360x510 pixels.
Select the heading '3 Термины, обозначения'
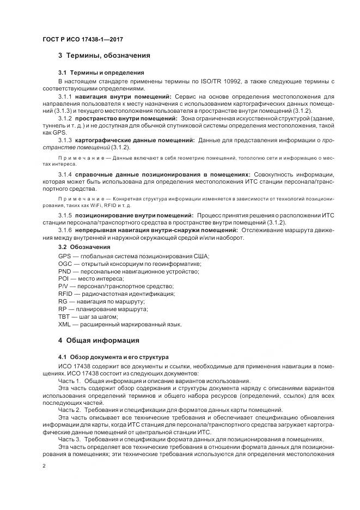pos(104,56)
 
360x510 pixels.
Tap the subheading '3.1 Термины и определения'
pos(101,72)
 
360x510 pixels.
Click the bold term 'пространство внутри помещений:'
pos(126,118)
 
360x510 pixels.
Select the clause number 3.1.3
pos(65,140)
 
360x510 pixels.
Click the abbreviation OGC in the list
pos(65,264)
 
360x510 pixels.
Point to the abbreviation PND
pos(64,271)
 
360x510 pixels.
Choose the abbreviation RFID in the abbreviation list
pos(65,294)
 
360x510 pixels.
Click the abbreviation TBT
pos(64,317)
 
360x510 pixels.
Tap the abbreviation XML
pos(64,324)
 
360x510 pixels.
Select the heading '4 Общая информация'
pos(99,341)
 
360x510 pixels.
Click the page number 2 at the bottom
pos(45,467)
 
